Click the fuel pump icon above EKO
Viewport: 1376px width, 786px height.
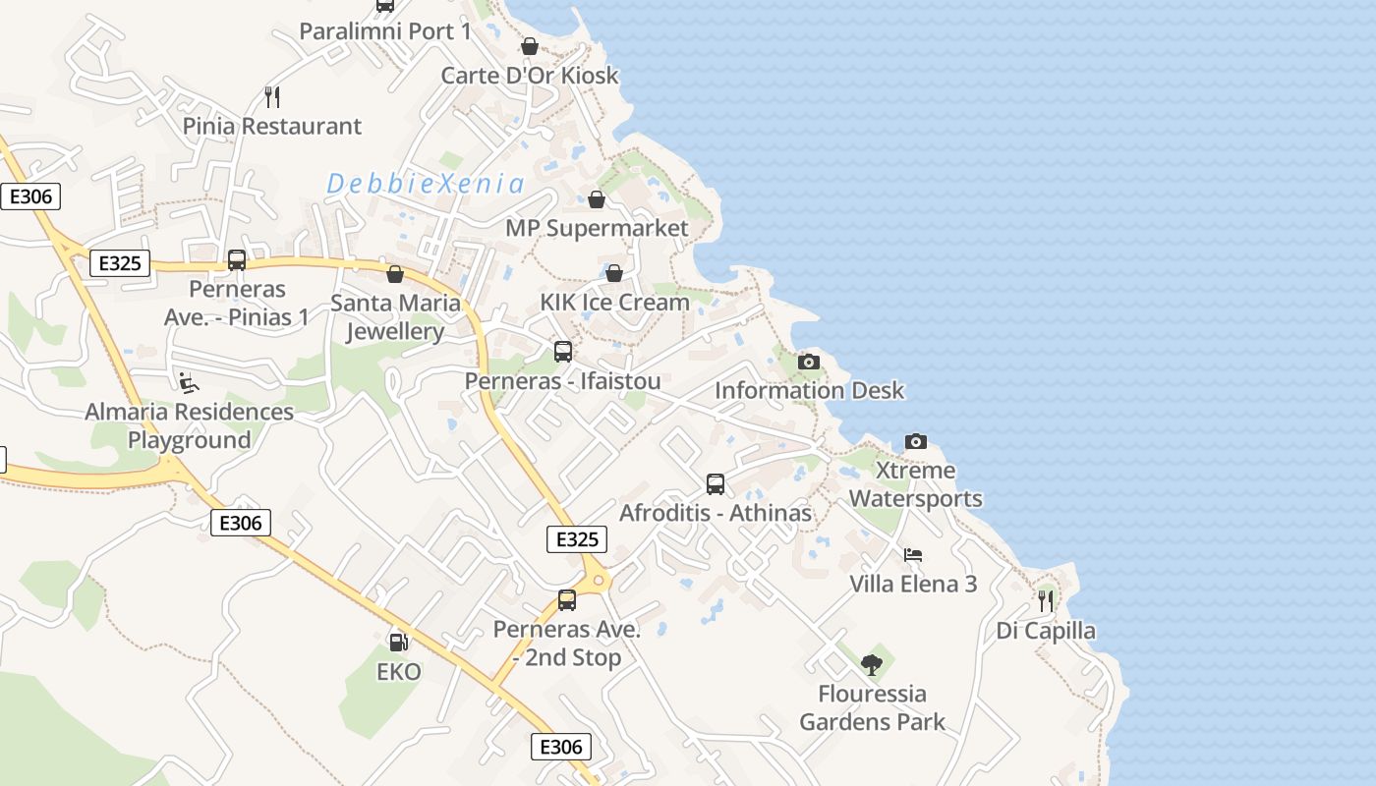(398, 643)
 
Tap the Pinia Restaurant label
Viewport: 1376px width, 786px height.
(272, 127)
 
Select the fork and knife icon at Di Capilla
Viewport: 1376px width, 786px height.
(1046, 599)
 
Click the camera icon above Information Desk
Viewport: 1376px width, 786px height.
(808, 362)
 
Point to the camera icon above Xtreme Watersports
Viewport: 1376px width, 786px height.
(915, 441)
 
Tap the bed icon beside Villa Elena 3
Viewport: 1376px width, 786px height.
(913, 555)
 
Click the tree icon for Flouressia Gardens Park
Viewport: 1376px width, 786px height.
(872, 665)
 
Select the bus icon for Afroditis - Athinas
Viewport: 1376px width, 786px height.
(716, 483)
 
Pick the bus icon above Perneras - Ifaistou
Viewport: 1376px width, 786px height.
(563, 351)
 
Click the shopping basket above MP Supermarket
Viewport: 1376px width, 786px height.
(596, 199)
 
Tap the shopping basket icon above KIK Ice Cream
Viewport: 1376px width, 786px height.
(614, 272)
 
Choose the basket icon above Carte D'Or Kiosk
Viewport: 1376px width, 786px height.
(530, 46)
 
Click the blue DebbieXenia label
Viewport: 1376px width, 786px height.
(425, 184)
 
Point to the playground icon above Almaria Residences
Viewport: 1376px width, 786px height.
(189, 382)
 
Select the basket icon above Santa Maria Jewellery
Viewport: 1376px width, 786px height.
(395, 273)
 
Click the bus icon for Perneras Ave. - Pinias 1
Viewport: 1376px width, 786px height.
(237, 259)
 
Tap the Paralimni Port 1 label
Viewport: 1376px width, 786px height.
(385, 31)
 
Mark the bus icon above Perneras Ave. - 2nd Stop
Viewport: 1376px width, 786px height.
(567, 599)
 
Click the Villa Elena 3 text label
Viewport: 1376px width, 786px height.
(913, 585)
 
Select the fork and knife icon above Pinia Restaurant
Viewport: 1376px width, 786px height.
(272, 96)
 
